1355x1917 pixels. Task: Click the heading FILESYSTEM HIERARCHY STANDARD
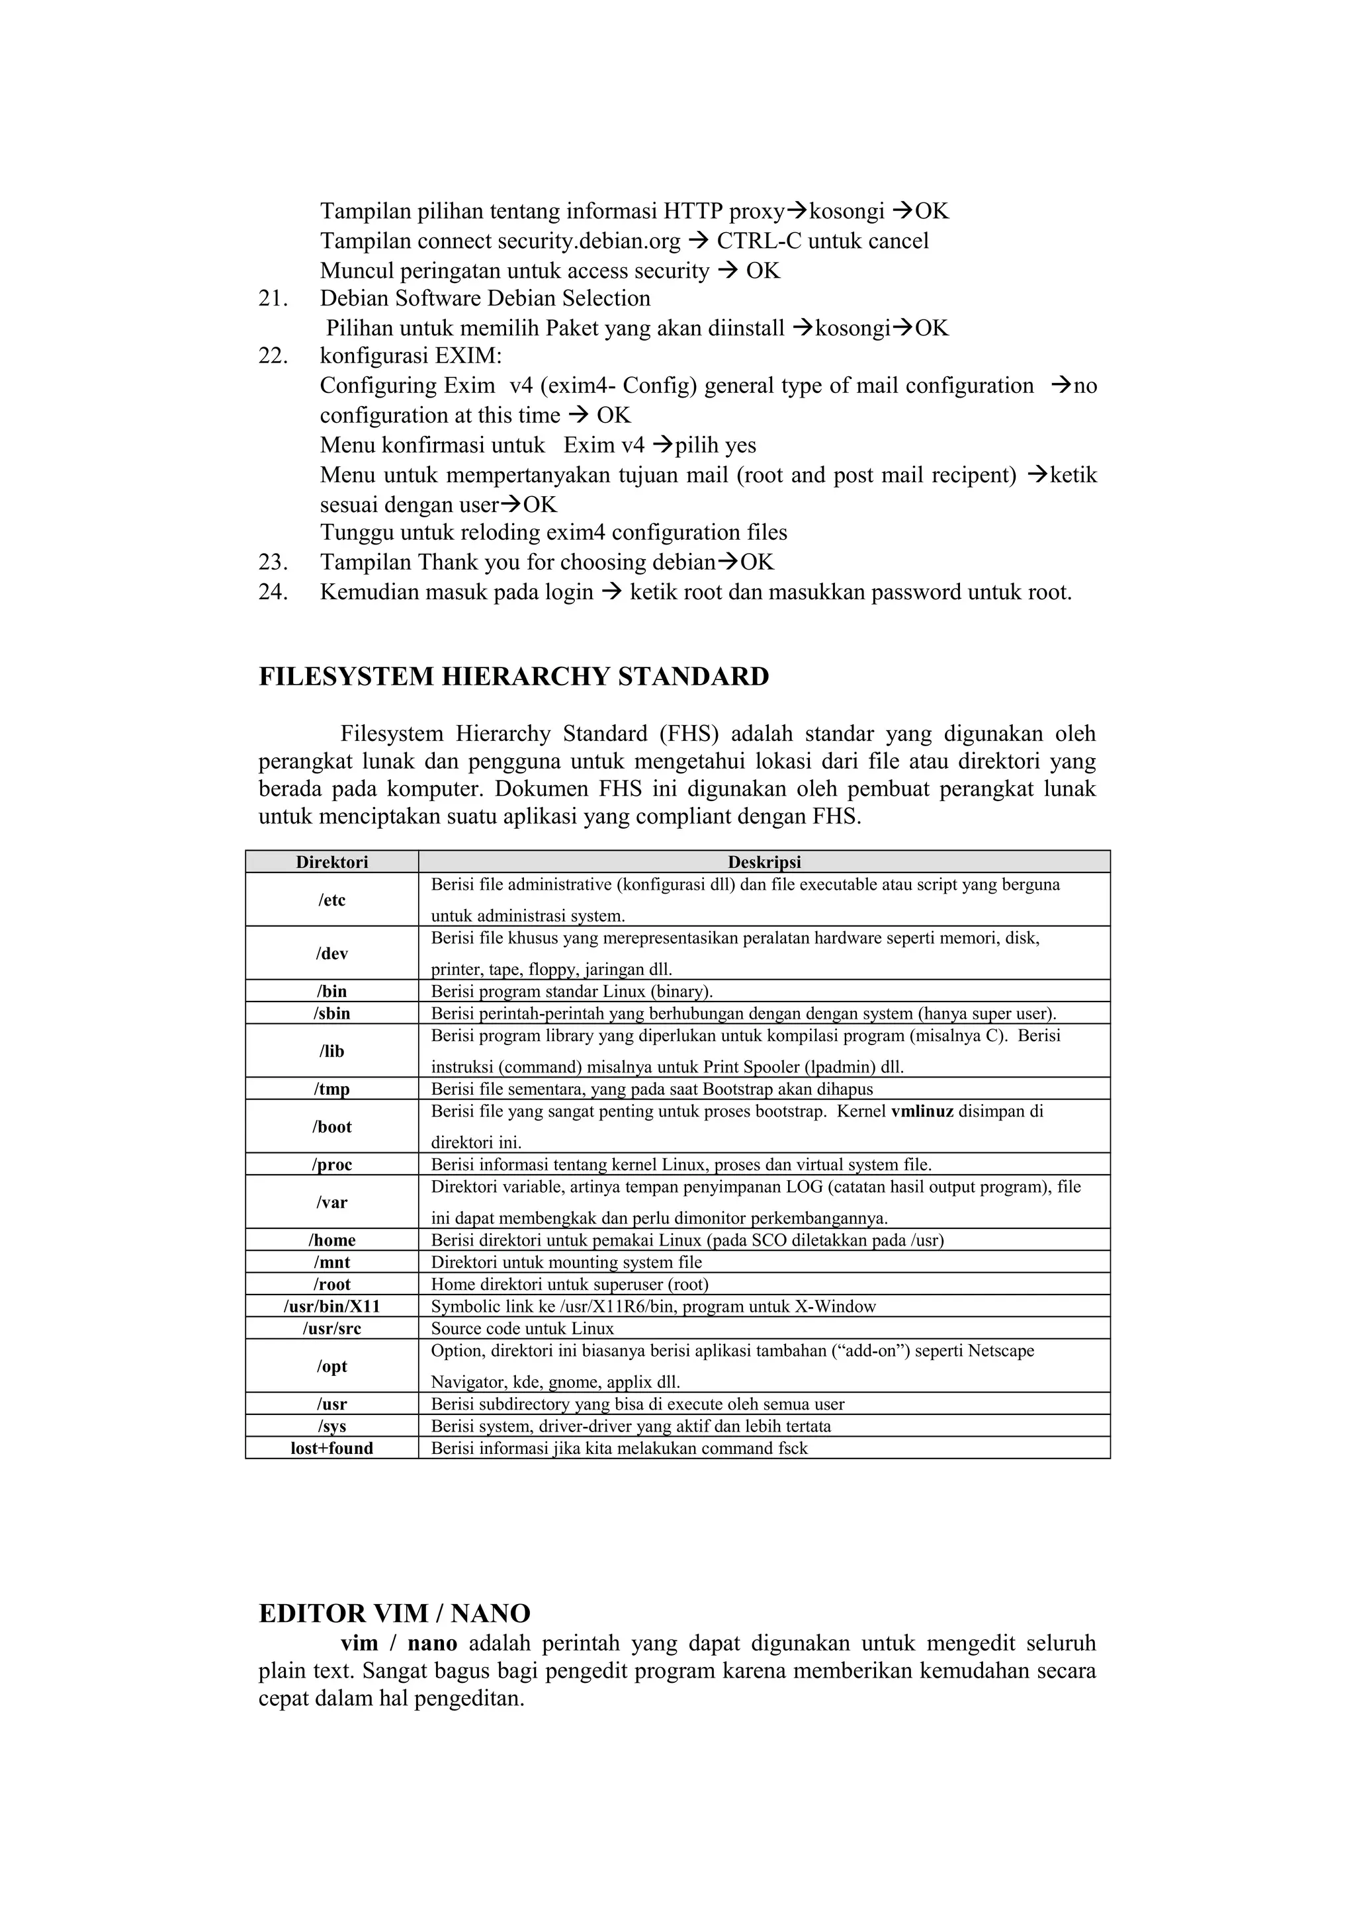pyautogui.click(x=513, y=676)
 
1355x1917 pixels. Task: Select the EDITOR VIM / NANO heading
pyautogui.click(x=394, y=1613)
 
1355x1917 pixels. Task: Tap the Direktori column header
pyautogui.click(x=331, y=862)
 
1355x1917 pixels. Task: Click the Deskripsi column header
pyautogui.click(x=764, y=862)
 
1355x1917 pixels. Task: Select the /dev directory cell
pyautogui.click(x=331, y=953)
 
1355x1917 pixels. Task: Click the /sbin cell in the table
pyautogui.click(x=331, y=1013)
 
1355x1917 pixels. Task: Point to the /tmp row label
pyautogui.click(x=331, y=1089)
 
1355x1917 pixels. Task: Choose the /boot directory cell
pyautogui.click(x=331, y=1127)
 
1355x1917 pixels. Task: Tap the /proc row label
pyautogui.click(x=331, y=1165)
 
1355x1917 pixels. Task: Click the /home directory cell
pyautogui.click(x=331, y=1240)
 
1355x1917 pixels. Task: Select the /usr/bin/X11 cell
pyautogui.click(x=331, y=1306)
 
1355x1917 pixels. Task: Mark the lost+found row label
pyautogui.click(x=331, y=1449)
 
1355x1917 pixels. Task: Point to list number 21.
pyautogui.click(x=273, y=299)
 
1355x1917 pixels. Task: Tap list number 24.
pyautogui.click(x=273, y=593)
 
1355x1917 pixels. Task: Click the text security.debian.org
pyautogui.click(x=589, y=241)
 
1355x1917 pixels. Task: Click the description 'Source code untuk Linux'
pyautogui.click(x=522, y=1328)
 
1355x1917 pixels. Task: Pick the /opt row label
pyautogui.click(x=331, y=1367)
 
